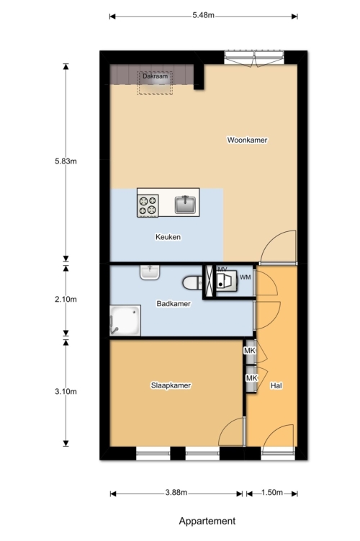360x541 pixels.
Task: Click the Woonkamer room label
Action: (x=247, y=140)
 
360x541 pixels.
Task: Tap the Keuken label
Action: (x=168, y=237)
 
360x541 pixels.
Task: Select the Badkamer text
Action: (x=174, y=303)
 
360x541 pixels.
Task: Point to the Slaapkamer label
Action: (x=171, y=385)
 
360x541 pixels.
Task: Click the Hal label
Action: (x=276, y=385)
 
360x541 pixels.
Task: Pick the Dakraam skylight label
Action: (x=156, y=76)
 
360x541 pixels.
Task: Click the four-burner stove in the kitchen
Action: (x=148, y=205)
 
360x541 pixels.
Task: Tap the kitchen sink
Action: (x=185, y=205)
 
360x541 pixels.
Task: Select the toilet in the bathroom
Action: (x=192, y=282)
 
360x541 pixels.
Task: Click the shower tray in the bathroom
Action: (x=125, y=320)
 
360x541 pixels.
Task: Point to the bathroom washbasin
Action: (x=150, y=272)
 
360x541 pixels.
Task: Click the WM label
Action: (x=246, y=277)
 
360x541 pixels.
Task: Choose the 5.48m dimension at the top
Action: (x=204, y=15)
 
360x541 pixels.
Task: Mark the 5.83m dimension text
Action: (x=66, y=161)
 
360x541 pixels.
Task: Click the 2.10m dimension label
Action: (x=66, y=299)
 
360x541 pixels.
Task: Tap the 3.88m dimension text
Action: (x=176, y=492)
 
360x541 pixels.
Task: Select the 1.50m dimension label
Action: (x=272, y=492)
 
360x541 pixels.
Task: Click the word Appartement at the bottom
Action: (x=207, y=521)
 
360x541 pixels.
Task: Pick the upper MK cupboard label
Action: (x=250, y=351)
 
